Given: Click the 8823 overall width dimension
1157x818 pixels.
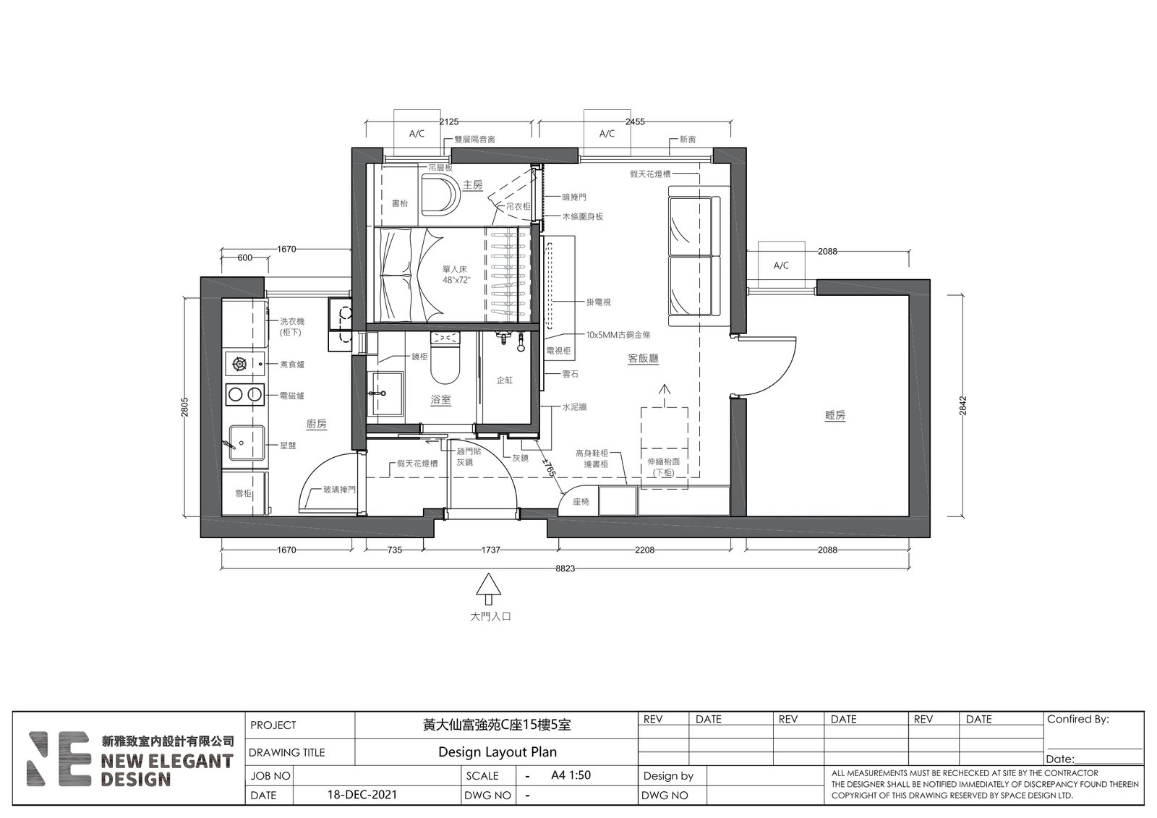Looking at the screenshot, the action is pyautogui.click(x=565, y=568).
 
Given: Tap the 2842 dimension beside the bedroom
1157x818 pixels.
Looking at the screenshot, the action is pyautogui.click(x=962, y=406).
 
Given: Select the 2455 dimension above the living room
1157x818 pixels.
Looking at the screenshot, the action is pyautogui.click(x=635, y=122).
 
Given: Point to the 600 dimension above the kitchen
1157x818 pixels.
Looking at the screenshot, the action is pyautogui.click(x=245, y=258).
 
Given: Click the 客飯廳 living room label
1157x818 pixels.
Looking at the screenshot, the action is pyautogui.click(x=643, y=358).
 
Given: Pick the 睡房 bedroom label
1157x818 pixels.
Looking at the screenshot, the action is pyautogui.click(x=835, y=415).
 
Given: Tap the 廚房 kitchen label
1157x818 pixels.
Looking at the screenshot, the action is pyautogui.click(x=317, y=424).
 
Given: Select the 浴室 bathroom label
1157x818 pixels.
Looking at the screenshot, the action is pyautogui.click(x=440, y=399).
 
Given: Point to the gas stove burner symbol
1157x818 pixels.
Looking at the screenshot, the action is pyautogui.click(x=239, y=365).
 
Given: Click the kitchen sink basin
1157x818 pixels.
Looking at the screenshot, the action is pyautogui.click(x=247, y=443).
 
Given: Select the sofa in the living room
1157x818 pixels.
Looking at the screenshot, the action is pyautogui.click(x=699, y=256).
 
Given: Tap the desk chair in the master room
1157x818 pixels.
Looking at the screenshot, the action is pyautogui.click(x=440, y=195).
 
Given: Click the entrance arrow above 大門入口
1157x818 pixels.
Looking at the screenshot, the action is pyautogui.click(x=488, y=589).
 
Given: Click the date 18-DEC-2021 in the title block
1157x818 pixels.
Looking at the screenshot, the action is pyautogui.click(x=362, y=794).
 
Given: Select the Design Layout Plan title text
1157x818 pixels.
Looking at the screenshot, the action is pyautogui.click(x=498, y=752).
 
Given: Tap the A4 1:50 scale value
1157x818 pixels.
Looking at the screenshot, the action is pyautogui.click(x=571, y=775).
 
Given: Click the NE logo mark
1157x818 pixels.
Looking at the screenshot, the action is pyautogui.click(x=59, y=759).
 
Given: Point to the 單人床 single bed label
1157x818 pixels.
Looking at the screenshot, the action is pyautogui.click(x=455, y=269).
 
